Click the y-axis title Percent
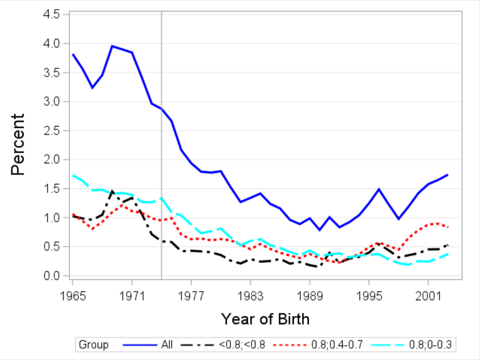[18, 144]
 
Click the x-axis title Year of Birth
[265, 319]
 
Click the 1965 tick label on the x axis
[73, 295]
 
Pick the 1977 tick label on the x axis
[191, 295]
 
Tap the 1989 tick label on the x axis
[310, 295]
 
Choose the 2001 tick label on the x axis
[428, 295]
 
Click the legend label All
[167, 345]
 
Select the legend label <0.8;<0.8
[242, 345]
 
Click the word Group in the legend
[93, 345]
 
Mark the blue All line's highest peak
[112, 46]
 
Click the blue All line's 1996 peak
[379, 189]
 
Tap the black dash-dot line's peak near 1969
[112, 191]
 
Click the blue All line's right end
[448, 175]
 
